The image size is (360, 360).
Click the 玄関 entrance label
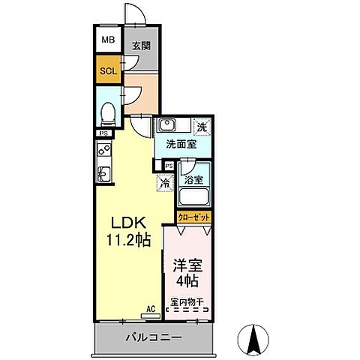tap(141, 46)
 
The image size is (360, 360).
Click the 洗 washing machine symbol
tap(201, 126)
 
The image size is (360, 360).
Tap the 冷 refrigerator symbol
tap(163, 181)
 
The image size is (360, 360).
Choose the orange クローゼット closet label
tap(194, 217)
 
